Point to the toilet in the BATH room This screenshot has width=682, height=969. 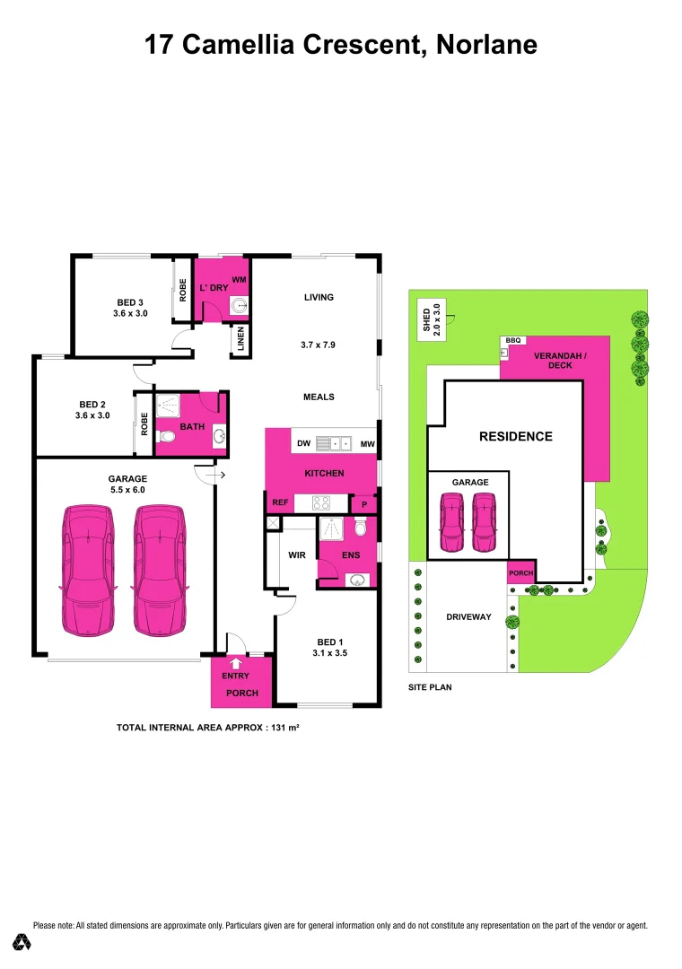click(166, 437)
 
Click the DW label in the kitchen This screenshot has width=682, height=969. click(303, 443)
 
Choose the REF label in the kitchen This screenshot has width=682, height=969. click(280, 502)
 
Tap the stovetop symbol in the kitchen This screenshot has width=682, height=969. click(321, 502)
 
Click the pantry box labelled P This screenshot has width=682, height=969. click(363, 505)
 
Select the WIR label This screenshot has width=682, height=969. click(296, 555)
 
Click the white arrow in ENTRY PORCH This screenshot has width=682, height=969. click(236, 663)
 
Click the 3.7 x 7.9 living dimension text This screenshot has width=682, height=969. click(318, 345)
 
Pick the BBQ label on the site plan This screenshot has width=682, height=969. click(512, 341)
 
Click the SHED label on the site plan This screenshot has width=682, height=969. click(427, 321)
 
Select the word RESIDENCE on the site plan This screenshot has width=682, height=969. click(515, 437)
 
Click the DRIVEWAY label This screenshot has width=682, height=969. click(469, 617)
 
